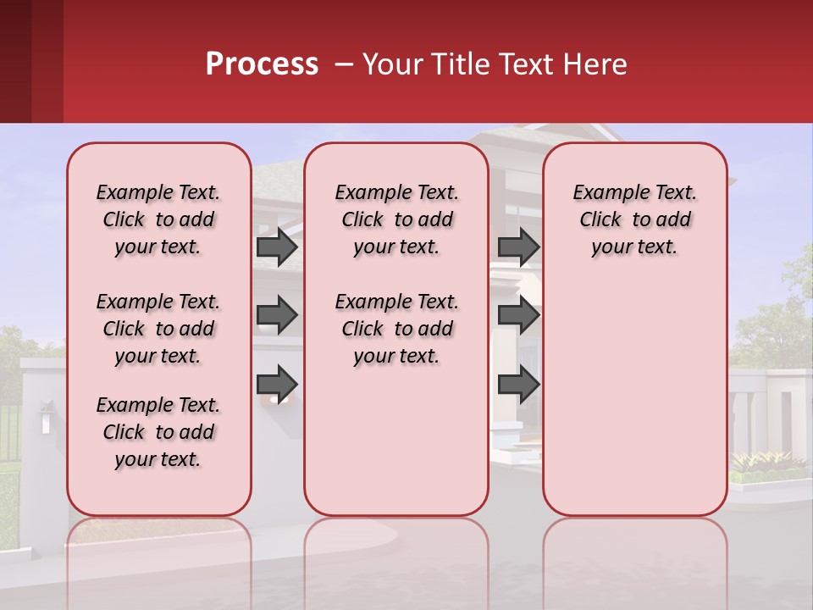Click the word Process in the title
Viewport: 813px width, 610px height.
click(262, 64)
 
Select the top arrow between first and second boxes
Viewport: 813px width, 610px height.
click(276, 247)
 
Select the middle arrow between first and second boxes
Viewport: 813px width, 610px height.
click(276, 315)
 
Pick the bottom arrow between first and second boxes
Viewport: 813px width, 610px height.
click(276, 383)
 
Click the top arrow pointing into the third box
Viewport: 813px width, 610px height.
click(518, 247)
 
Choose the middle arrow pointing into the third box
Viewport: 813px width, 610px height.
click(518, 315)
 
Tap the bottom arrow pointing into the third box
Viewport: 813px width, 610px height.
click(518, 383)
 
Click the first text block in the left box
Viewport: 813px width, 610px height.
click(158, 219)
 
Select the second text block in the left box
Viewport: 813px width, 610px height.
click(158, 329)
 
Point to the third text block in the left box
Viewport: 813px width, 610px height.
click(158, 432)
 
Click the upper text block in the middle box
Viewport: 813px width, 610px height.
click(396, 219)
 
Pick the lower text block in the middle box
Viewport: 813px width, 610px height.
click(396, 329)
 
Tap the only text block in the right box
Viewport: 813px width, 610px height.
click(634, 219)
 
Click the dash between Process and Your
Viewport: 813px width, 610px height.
click(343, 65)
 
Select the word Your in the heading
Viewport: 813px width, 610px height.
click(394, 64)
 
